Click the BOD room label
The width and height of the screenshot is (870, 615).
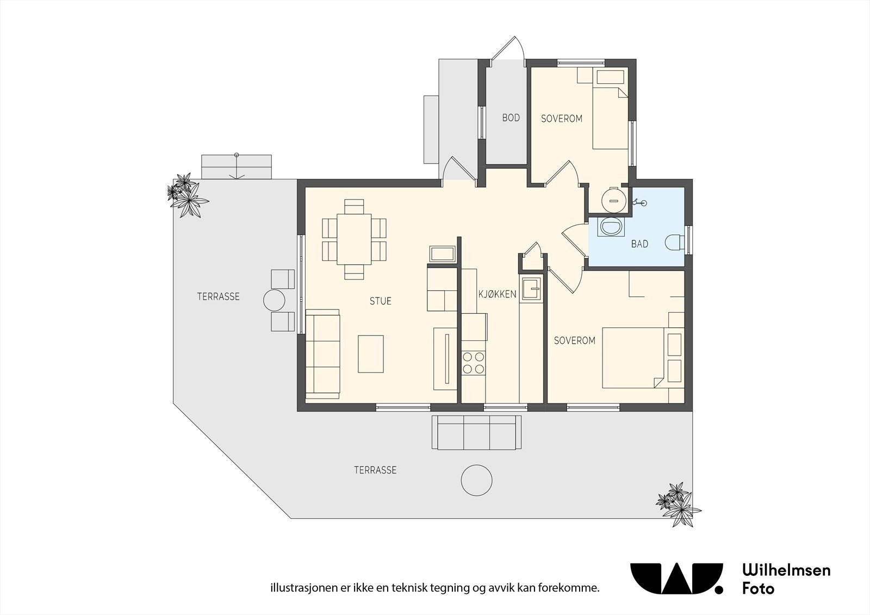[511, 117]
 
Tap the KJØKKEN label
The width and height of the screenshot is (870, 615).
[497, 294]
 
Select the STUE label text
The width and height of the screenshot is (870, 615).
[380, 301]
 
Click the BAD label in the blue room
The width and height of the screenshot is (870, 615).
[639, 244]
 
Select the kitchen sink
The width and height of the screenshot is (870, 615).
[531, 289]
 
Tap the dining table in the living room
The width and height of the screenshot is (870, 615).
[354, 239]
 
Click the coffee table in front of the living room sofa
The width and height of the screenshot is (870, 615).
[370, 354]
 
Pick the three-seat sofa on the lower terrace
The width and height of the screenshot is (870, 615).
[476, 432]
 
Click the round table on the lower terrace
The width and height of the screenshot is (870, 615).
[476, 480]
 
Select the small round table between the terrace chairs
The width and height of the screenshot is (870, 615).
[274, 300]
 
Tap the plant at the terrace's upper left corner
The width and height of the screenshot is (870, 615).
[187, 195]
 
